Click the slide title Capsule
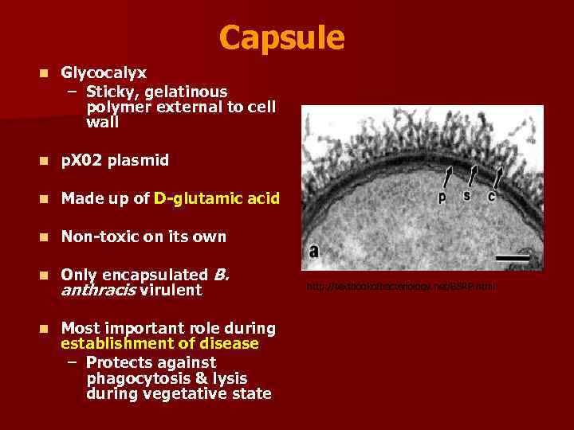coord(281,37)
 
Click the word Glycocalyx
coord(104,72)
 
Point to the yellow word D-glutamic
coord(195,198)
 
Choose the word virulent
coord(171,291)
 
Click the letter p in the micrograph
coord(442,197)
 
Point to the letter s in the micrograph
coord(466,195)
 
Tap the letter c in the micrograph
coord(491,195)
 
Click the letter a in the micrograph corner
coord(313,251)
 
